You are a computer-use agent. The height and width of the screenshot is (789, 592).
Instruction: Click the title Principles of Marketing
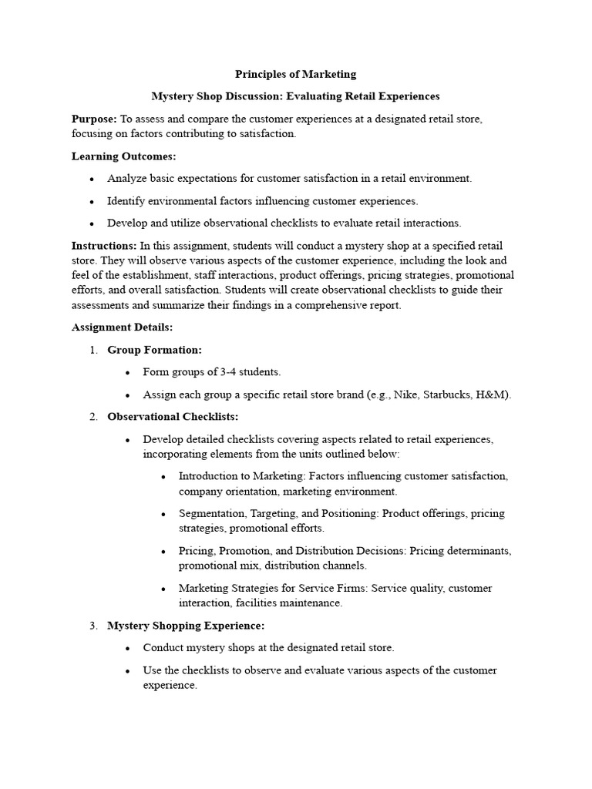[295, 75]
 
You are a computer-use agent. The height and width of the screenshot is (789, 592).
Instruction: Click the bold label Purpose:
[94, 119]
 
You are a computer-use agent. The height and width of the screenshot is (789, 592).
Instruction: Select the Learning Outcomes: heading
[123, 156]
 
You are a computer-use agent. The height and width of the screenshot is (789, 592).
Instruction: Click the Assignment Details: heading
[122, 327]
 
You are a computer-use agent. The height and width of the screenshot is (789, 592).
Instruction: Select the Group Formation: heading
[154, 350]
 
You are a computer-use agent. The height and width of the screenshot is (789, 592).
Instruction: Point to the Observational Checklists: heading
[173, 417]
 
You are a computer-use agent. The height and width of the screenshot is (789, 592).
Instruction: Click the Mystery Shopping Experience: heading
[186, 626]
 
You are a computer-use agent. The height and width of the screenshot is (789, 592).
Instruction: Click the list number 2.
[92, 417]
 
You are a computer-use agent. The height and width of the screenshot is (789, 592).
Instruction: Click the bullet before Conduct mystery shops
[128, 648]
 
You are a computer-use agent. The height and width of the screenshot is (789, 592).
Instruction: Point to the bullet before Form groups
[128, 372]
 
